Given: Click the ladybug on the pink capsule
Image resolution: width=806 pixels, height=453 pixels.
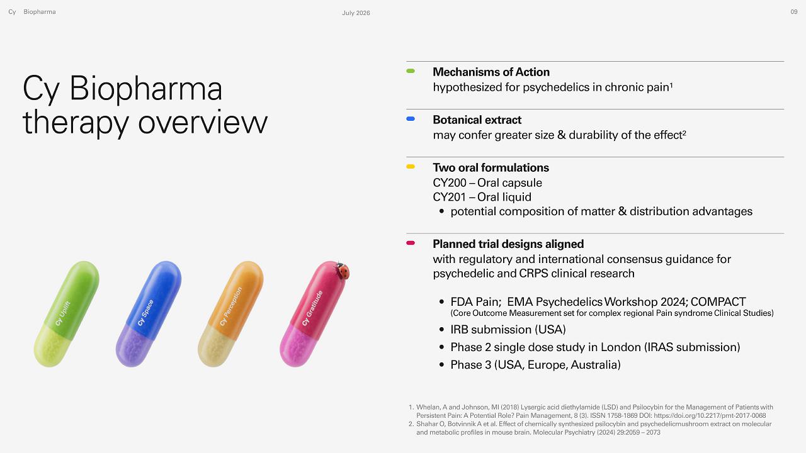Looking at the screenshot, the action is click(x=342, y=271).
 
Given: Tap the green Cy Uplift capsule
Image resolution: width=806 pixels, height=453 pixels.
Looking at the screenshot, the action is click(x=67, y=314).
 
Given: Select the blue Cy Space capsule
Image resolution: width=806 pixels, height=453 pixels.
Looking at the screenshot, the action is click(x=149, y=314).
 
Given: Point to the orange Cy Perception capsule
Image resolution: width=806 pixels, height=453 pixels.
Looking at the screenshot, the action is click(x=230, y=314).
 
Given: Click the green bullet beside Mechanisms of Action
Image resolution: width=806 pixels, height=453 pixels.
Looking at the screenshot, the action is click(x=411, y=71).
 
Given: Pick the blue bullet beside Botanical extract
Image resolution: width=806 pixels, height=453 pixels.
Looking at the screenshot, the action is click(x=411, y=119).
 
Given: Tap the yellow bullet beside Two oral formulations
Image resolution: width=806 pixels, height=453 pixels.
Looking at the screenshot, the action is click(x=411, y=167).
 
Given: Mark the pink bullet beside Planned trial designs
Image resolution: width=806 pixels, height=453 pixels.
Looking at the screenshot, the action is click(x=411, y=243).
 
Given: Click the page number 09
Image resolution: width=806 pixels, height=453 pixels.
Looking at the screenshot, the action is click(x=794, y=12).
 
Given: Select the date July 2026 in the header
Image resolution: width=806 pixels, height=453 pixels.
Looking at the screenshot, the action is click(x=356, y=13).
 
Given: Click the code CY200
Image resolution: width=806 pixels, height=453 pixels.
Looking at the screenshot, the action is click(x=450, y=183).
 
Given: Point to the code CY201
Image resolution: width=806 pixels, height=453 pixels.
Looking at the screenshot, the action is click(x=450, y=198).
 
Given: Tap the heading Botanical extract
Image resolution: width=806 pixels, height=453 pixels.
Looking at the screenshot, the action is click(x=477, y=120).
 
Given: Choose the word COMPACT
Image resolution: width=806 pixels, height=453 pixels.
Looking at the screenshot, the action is click(x=718, y=301).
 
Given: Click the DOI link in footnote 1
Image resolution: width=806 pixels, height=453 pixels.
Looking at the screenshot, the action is click(x=710, y=416).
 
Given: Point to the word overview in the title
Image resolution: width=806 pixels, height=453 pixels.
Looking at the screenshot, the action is click(x=203, y=122).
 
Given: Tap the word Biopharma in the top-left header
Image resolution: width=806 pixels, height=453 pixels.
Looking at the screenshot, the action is click(x=40, y=12).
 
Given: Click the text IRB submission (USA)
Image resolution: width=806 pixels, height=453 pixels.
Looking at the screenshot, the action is click(x=508, y=330).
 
